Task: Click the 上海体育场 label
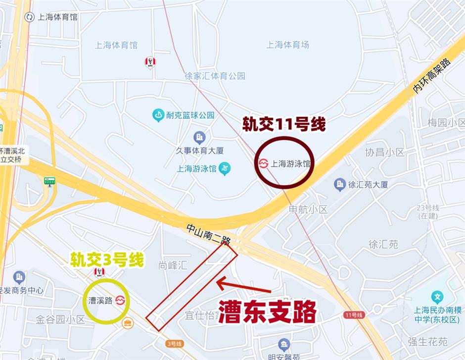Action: (288, 45)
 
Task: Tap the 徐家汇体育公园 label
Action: (215, 76)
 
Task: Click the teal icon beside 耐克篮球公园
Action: (158, 115)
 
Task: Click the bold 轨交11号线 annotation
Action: (283, 124)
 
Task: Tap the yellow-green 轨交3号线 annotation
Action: (107, 259)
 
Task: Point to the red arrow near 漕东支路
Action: (243, 286)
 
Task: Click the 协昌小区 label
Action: (385, 152)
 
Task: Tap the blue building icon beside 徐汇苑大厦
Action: (339, 185)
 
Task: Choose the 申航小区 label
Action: (308, 209)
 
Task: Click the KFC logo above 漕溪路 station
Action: (99, 272)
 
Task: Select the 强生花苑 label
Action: (428, 342)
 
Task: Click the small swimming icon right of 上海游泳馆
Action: (225, 168)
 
